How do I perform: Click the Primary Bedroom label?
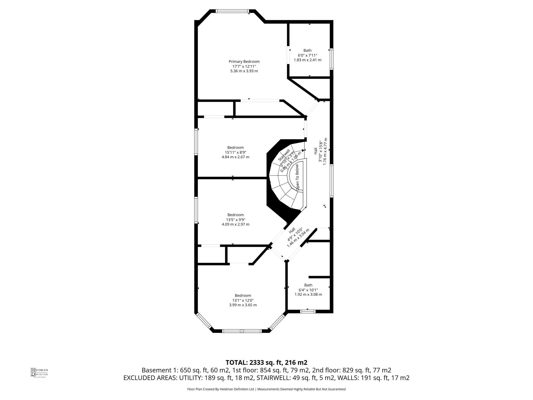click(244, 61)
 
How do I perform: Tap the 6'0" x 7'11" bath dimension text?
click(307, 55)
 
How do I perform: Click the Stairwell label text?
click(284, 155)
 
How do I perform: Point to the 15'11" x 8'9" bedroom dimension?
click(236, 152)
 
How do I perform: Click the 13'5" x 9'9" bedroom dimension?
click(236, 220)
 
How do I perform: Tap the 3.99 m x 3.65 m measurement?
click(243, 305)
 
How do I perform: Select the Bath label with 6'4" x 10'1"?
click(308, 285)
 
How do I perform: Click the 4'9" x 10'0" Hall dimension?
click(295, 235)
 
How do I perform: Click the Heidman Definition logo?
click(39, 372)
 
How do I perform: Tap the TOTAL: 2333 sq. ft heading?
click(266, 362)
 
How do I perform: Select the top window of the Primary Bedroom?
click(232, 11)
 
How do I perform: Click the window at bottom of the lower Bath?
click(308, 311)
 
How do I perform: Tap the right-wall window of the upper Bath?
click(331, 59)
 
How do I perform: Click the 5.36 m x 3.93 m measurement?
click(244, 71)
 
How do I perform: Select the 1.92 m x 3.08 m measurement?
click(308, 295)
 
